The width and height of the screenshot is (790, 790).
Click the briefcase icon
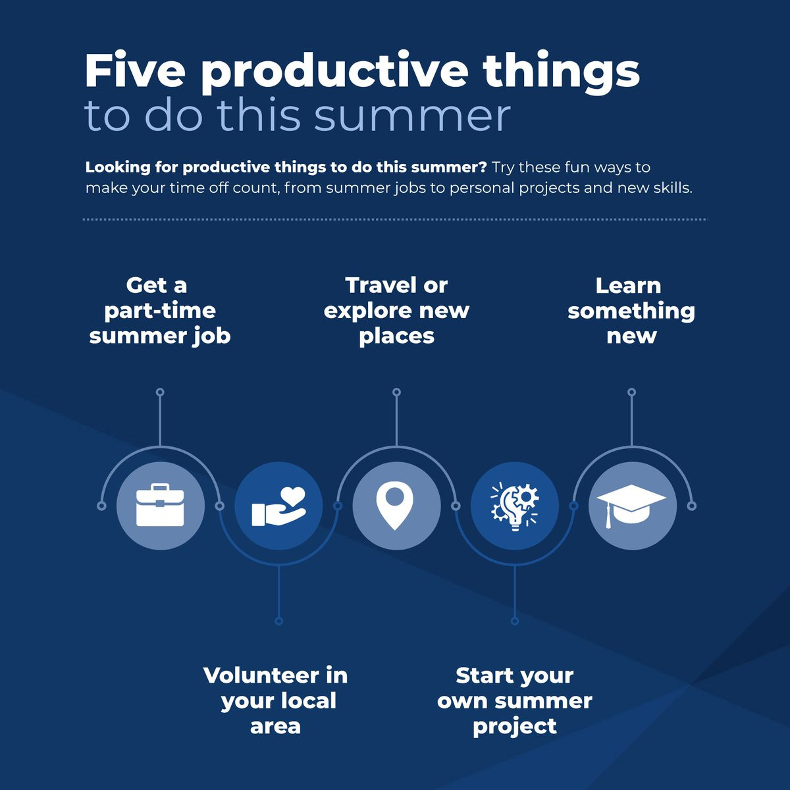click(x=160, y=505)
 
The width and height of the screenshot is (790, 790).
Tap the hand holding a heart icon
click(x=278, y=506)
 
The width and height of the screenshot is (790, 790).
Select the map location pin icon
click(x=395, y=506)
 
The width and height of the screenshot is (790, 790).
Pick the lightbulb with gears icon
click(x=515, y=506)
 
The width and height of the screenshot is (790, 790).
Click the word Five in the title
click(x=135, y=70)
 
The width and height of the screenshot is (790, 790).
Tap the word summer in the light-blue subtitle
click(x=412, y=116)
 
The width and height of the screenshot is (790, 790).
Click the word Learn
click(x=628, y=286)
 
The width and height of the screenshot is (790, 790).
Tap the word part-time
click(x=160, y=311)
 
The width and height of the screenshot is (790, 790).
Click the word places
click(x=396, y=337)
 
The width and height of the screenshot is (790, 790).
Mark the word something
click(x=631, y=311)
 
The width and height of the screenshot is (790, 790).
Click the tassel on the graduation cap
click(x=609, y=516)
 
